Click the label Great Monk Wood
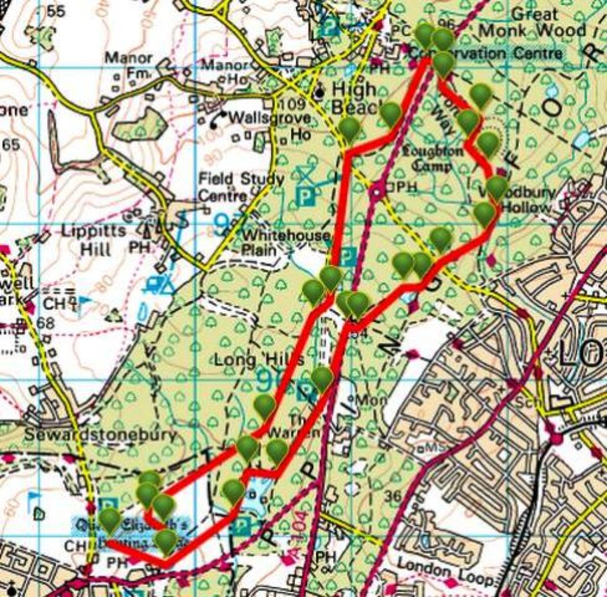coord(532,22)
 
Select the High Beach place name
coord(354,98)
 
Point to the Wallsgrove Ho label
coord(269,125)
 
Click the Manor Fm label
coord(128,65)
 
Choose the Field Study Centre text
coord(241,187)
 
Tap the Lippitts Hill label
coord(93,239)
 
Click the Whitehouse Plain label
coord(285,242)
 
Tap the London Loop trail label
coord(445,572)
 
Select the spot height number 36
coord(392,497)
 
